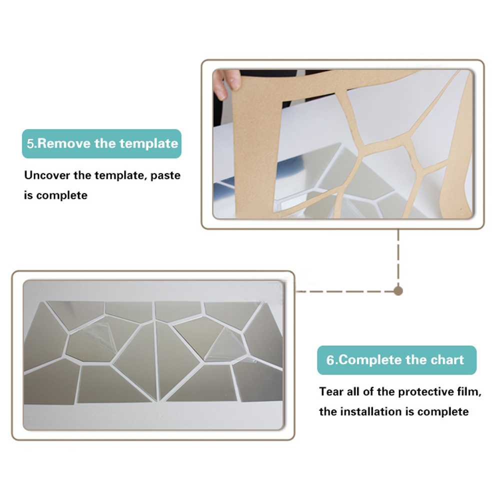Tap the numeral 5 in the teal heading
tap(30, 144)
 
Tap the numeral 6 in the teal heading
tap(330, 360)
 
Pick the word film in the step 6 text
tap(469, 391)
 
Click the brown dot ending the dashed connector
tap(398, 291)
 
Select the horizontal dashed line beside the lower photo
tap(344, 291)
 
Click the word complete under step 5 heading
tap(62, 195)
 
